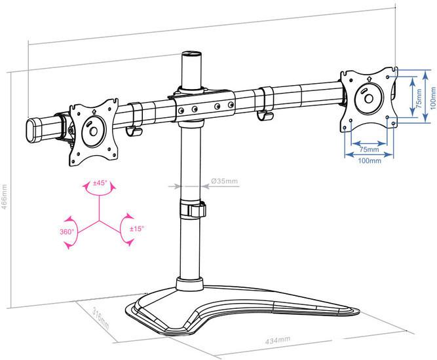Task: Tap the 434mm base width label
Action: tap(278, 340)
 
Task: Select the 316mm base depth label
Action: tap(101, 318)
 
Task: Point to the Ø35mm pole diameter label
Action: tap(224, 181)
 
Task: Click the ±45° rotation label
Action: tap(100, 183)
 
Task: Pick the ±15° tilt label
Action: tap(137, 229)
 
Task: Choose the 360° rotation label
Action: tap(67, 232)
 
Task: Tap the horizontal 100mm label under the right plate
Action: tap(370, 160)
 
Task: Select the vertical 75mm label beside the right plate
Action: tap(419, 97)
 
